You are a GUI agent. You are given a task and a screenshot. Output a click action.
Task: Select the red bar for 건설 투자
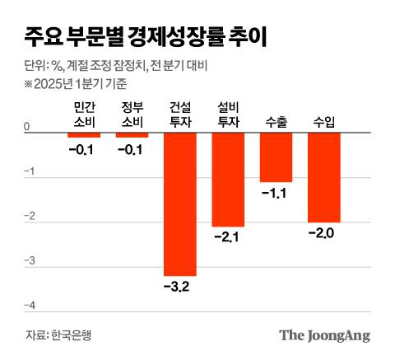coord(179,204)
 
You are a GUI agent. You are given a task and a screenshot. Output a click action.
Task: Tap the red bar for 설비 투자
coord(228,180)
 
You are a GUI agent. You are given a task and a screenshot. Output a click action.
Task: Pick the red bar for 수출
coord(276,157)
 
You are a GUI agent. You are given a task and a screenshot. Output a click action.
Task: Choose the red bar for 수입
coord(323,178)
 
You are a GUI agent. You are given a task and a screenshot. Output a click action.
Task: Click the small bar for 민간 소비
coord(83,135)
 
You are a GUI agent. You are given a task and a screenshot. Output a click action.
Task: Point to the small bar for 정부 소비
coord(132,135)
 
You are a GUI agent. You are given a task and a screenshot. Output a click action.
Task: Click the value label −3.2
coord(179,287)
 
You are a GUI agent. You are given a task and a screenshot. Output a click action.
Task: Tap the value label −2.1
coord(228,237)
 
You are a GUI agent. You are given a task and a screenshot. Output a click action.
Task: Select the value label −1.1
coord(276,193)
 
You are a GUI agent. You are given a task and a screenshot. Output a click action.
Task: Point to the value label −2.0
coord(323,233)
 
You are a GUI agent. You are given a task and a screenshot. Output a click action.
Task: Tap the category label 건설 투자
coord(179,115)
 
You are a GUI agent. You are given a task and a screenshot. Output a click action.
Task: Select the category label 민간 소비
coord(83,115)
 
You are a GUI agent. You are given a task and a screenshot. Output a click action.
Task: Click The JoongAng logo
coord(323,335)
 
